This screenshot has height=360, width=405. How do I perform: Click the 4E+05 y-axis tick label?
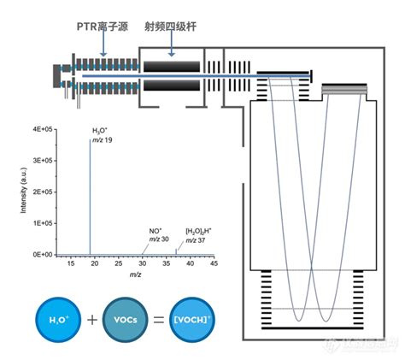pos(44,129)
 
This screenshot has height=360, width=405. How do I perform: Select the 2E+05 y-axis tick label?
pos(44,192)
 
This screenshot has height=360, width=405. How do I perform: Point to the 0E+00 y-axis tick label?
pos(44,255)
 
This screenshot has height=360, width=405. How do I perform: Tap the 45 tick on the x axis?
pos(214,264)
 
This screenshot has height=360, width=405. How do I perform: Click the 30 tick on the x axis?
pos(142,264)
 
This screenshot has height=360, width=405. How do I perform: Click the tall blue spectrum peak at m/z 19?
pos(90,197)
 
